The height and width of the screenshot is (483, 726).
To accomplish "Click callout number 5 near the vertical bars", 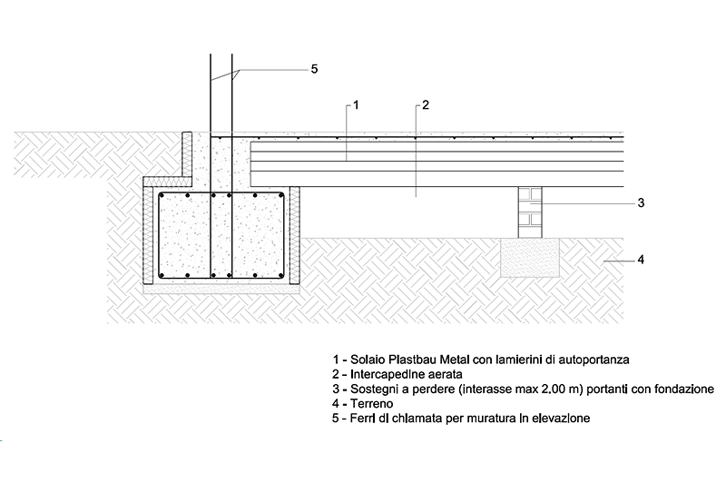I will pyautogui.click(x=314, y=69).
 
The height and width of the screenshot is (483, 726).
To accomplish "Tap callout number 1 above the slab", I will pyautogui.click(x=358, y=105).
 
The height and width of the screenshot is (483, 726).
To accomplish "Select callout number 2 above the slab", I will pyautogui.click(x=425, y=105).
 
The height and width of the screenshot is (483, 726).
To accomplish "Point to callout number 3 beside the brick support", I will pyautogui.click(x=640, y=202).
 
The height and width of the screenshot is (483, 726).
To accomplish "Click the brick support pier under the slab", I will pyautogui.click(x=532, y=212).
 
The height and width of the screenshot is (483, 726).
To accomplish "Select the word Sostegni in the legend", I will pyautogui.click(x=373, y=389).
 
